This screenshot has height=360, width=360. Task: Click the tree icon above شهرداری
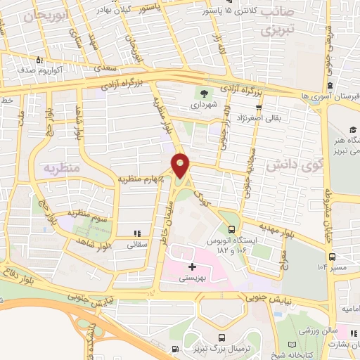pos(204,94)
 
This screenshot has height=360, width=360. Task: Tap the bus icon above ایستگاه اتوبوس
pos(232,229)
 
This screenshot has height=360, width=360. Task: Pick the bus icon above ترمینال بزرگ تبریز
pos(221,338)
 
